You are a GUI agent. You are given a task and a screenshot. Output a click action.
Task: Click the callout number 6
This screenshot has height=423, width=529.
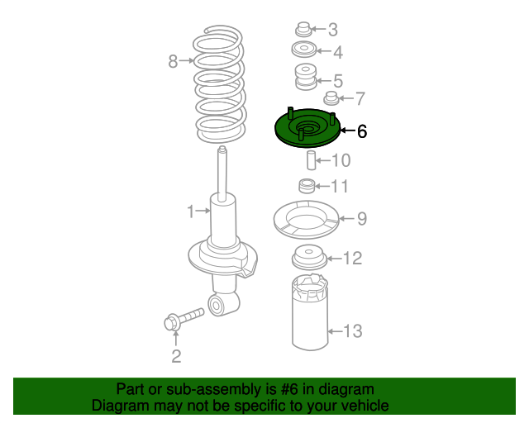pyautogui.click(x=362, y=131)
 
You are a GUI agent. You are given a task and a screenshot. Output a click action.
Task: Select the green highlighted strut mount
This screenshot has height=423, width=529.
pyautogui.click(x=307, y=128)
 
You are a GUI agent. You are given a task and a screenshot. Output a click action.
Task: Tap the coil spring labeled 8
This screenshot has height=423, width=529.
pyautogui.click(x=220, y=83)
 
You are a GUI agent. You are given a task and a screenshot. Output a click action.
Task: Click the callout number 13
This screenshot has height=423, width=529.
pyautogui.click(x=353, y=331)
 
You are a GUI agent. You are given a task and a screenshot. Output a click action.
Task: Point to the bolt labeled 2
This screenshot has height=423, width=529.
pyautogui.click(x=183, y=317)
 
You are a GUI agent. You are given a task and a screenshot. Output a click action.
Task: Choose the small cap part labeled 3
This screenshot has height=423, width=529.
pyautogui.click(x=303, y=30)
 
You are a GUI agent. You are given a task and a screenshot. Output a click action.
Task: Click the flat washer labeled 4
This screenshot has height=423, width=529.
pyautogui.click(x=304, y=50)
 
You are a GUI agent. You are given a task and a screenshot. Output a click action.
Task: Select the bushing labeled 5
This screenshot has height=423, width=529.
pyautogui.click(x=306, y=77)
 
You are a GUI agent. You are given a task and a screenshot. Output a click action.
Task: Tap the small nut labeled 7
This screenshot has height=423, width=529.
pyautogui.click(x=331, y=98)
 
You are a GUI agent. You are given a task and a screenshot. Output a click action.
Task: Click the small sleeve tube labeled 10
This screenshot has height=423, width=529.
pyautogui.click(x=311, y=160)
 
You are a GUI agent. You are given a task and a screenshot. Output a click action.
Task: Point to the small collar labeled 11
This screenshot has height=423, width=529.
pyautogui.click(x=307, y=186)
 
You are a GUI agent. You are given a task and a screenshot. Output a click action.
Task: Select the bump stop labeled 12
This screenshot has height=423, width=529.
pyautogui.click(x=309, y=258)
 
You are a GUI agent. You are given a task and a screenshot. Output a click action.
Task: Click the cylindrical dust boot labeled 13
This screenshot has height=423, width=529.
pyautogui.click(x=310, y=312)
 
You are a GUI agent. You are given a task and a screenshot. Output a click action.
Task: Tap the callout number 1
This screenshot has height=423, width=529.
pyautogui.click(x=191, y=211)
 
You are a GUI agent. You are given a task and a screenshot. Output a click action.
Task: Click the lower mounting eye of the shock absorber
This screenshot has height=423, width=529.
pyautogui.click(x=217, y=306)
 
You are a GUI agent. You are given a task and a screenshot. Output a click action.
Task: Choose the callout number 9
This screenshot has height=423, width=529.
pyautogui.click(x=362, y=219)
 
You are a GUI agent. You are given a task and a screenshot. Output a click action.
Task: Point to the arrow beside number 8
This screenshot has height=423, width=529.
pyautogui.click(x=187, y=60)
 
